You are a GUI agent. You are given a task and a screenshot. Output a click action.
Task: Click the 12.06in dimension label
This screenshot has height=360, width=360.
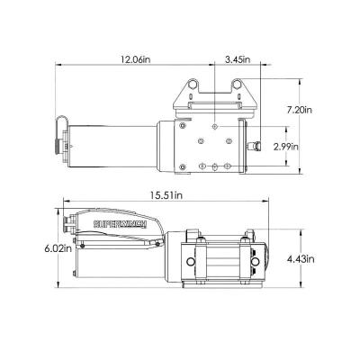click(x=135, y=59)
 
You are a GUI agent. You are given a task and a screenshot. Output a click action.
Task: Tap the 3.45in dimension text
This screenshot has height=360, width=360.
click(x=238, y=59)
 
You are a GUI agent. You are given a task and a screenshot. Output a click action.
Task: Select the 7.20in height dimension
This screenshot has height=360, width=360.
click(x=299, y=110)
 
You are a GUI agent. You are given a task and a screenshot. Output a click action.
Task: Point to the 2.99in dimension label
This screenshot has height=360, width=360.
click(x=286, y=147)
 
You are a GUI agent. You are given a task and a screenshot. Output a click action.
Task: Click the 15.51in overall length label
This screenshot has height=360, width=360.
click(x=167, y=195)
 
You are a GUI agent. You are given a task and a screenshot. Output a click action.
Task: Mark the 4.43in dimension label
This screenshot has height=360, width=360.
click(x=301, y=259)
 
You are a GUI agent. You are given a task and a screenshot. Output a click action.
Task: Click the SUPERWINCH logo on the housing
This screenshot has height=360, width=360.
click(x=120, y=224)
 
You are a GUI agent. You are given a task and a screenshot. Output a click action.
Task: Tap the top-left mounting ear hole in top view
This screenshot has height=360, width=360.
click(x=191, y=85)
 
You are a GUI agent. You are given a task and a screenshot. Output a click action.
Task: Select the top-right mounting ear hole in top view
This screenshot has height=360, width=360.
click(x=237, y=85)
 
